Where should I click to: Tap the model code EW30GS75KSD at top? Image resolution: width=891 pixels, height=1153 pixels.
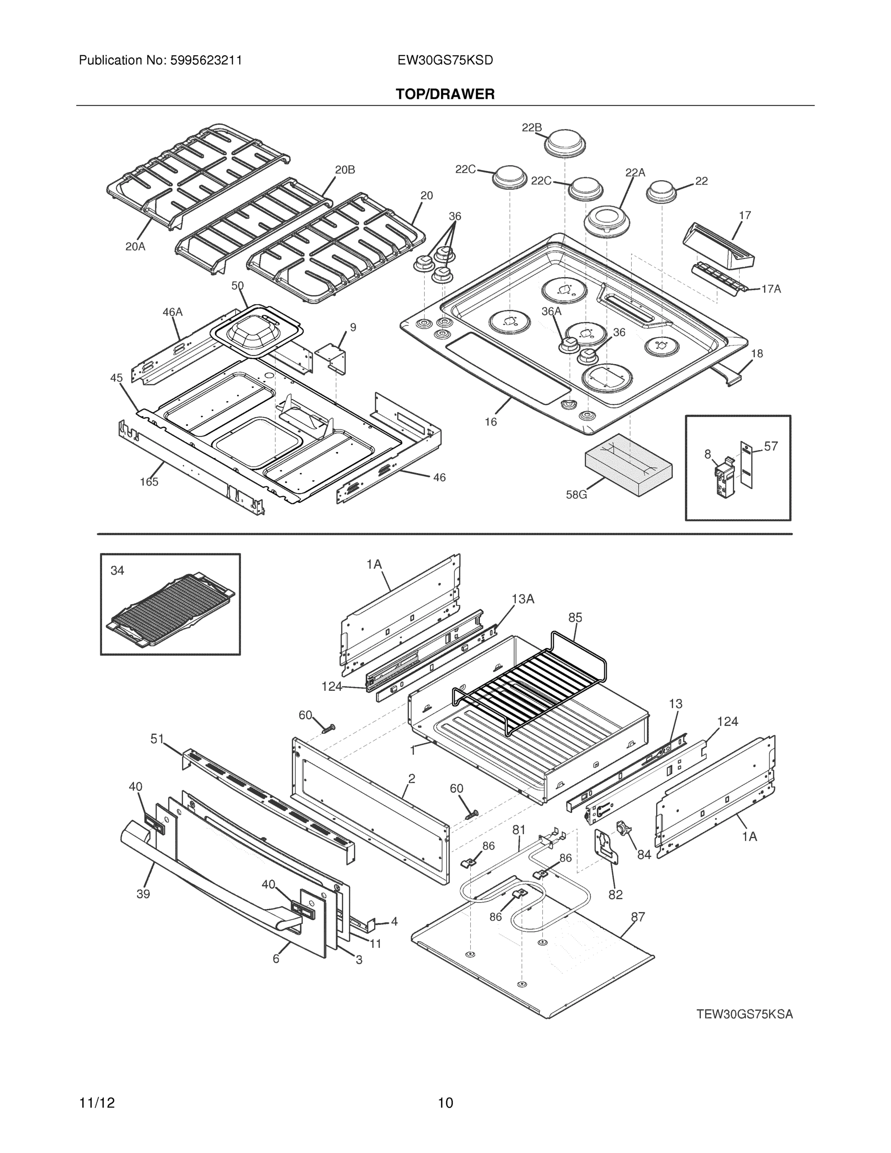(445, 60)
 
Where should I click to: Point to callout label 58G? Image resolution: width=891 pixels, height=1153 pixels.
(576, 495)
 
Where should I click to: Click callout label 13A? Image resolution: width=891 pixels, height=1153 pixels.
(523, 599)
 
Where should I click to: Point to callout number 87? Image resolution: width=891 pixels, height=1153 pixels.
(638, 917)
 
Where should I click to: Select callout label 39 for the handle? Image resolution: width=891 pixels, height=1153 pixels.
(143, 894)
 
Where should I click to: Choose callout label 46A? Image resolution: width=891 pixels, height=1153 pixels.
(172, 312)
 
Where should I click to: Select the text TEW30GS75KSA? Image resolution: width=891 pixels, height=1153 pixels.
(744, 1014)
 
